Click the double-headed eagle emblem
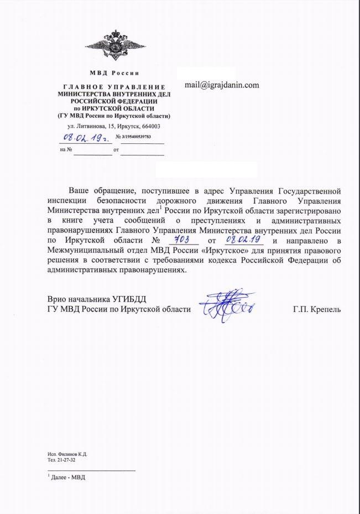[x=114, y=45]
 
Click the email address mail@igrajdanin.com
[x=222, y=85]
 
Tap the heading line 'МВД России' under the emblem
[x=114, y=74]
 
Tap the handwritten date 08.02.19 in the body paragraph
[x=244, y=240]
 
